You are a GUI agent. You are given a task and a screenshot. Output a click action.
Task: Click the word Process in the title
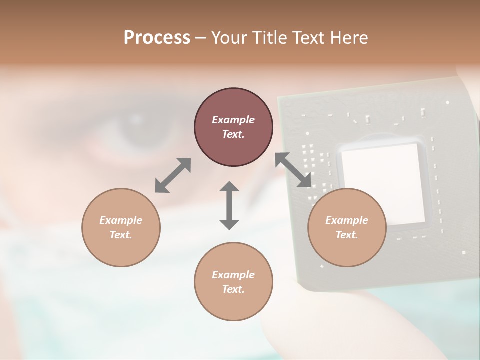pyautogui.click(x=157, y=37)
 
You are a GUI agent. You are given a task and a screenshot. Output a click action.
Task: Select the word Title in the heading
pyautogui.click(x=270, y=37)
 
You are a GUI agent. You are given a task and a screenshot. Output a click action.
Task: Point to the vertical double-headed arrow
pyautogui.click(x=229, y=206)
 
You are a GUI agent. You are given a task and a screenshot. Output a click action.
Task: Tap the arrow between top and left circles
pyautogui.click(x=173, y=175)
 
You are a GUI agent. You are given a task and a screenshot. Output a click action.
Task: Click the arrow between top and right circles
pyautogui.click(x=293, y=170)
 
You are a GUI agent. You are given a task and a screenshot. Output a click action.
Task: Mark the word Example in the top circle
pyautogui.click(x=233, y=120)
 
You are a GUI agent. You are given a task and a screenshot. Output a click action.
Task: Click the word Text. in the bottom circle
pyautogui.click(x=233, y=289)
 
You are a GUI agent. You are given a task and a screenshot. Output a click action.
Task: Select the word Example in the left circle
pyautogui.click(x=121, y=220)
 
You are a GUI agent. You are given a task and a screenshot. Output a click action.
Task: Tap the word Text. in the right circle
pyautogui.click(x=347, y=235)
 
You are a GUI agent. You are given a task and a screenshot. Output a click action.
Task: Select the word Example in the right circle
pyautogui.click(x=347, y=220)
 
